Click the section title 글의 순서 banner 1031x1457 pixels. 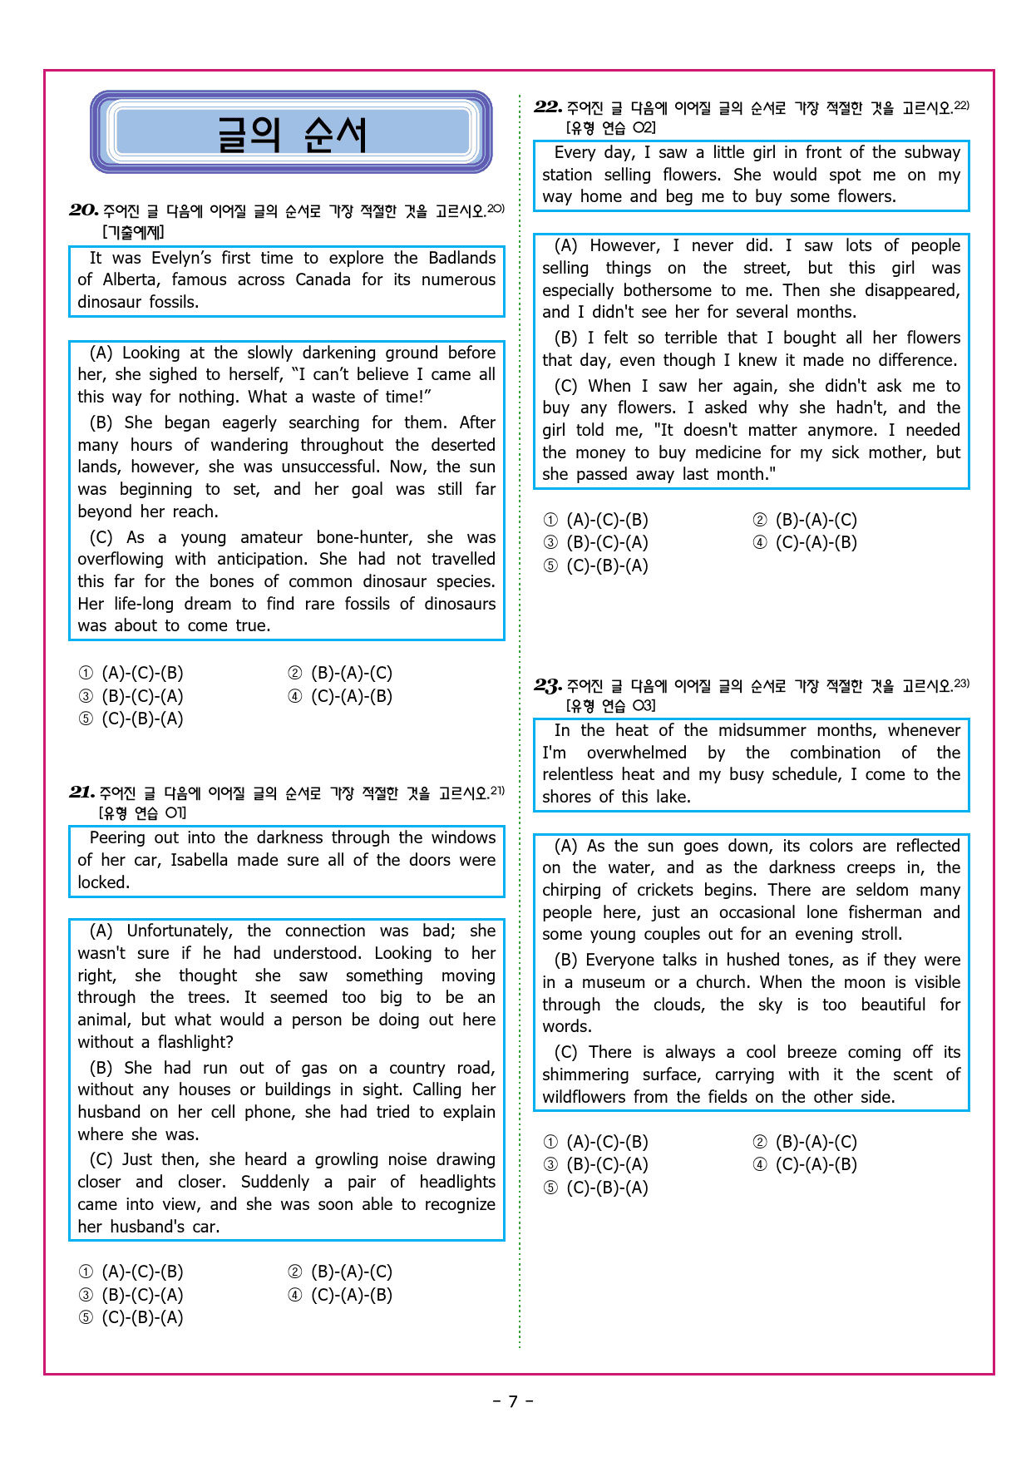point(291,133)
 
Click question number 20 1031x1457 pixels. point(83,210)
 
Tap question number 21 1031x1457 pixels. point(81,793)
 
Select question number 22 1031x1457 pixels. point(548,106)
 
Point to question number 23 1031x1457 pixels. point(548,685)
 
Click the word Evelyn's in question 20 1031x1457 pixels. point(182,258)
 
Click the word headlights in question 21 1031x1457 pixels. point(457,1182)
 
